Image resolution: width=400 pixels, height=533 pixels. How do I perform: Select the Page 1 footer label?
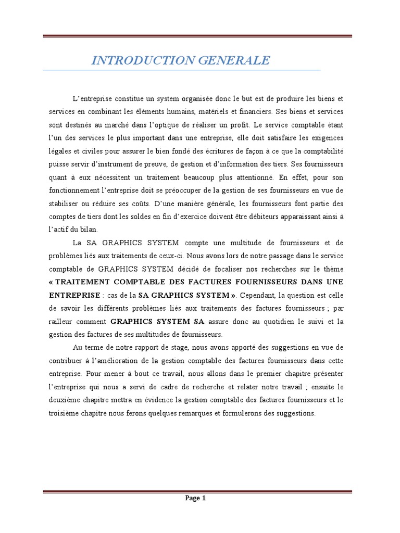tap(196, 498)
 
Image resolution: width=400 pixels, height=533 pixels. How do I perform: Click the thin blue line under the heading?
tap(182, 70)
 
